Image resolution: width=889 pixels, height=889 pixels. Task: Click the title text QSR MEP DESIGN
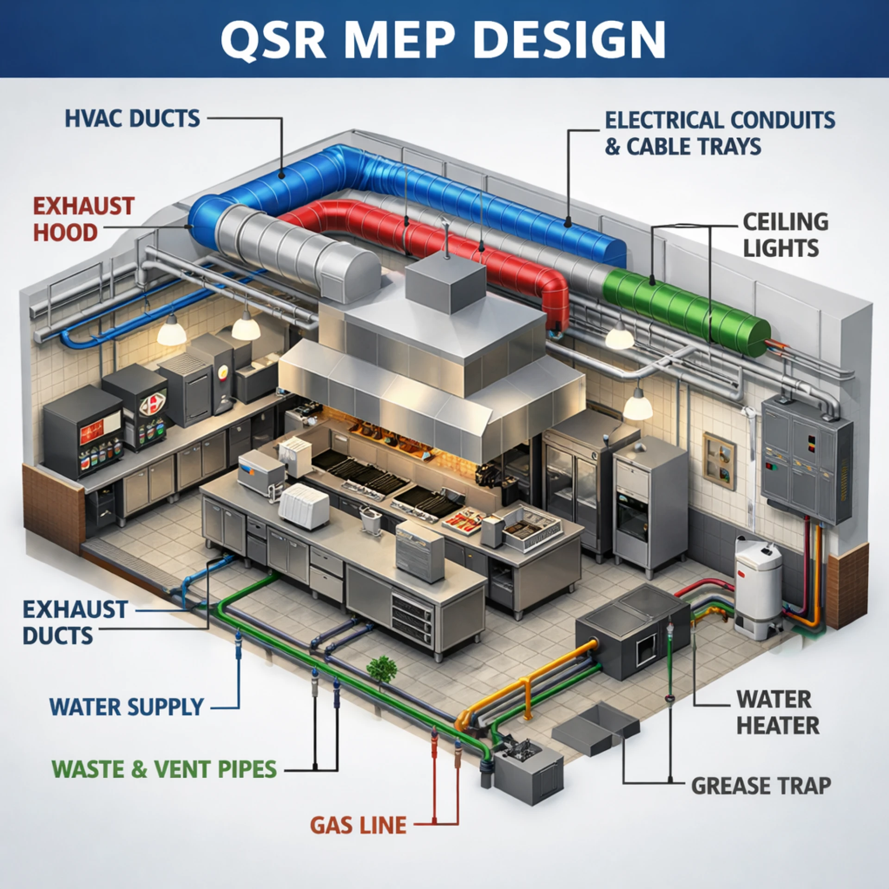[x=444, y=39]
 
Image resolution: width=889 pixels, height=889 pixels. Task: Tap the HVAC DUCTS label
[x=132, y=119]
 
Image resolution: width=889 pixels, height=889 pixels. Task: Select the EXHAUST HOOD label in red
[x=83, y=219]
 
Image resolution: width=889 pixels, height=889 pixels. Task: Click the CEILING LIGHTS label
[x=785, y=235]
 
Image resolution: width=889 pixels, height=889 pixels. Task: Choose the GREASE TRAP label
[x=761, y=786]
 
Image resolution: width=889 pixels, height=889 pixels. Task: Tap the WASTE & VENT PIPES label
[x=164, y=769]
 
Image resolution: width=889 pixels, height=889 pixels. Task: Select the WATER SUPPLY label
[x=127, y=707]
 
